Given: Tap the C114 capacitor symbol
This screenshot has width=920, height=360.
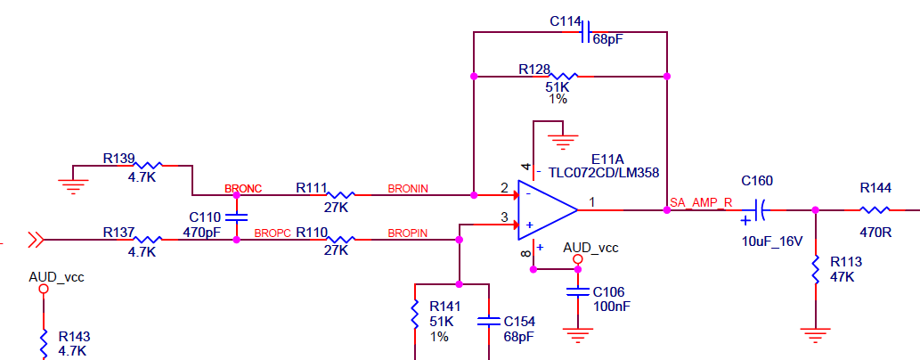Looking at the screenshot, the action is (x=585, y=31).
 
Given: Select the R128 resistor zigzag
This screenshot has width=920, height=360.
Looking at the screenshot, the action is (x=564, y=77).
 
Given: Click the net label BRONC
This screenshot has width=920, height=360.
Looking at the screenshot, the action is (x=243, y=189).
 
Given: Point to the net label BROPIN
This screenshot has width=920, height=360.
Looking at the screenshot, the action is (x=408, y=233).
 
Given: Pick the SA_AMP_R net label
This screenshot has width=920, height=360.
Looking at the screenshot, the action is (x=701, y=203).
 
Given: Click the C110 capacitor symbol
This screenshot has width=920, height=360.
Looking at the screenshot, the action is (x=236, y=217).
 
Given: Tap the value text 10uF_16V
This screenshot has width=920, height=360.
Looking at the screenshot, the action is (x=771, y=241).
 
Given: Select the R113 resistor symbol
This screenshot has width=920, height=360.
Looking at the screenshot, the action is (x=815, y=270).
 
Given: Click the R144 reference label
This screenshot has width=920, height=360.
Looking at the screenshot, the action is (x=875, y=188).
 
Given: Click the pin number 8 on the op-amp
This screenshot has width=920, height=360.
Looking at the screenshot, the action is (x=525, y=254).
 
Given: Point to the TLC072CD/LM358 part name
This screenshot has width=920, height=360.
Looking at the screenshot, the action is (x=604, y=173).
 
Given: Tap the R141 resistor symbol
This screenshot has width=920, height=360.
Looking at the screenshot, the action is (x=415, y=315).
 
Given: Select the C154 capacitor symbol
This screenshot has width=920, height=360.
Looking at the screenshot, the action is (x=489, y=321).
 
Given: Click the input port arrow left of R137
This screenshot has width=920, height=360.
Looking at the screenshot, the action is (x=36, y=240).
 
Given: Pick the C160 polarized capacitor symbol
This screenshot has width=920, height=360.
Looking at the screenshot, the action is (x=757, y=210).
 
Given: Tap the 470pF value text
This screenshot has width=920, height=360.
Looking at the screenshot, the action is (x=202, y=232).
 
